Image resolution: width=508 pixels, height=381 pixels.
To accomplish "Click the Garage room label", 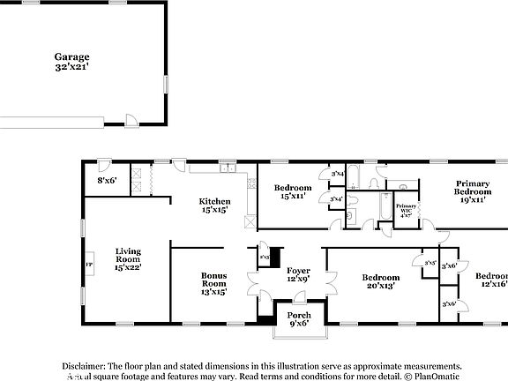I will click(x=71, y=62).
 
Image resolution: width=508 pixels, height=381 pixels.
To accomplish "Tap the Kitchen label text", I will click(x=214, y=206).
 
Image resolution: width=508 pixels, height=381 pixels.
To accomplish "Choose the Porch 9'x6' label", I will click(x=297, y=317).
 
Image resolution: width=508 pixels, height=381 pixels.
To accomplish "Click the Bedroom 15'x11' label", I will click(x=292, y=192).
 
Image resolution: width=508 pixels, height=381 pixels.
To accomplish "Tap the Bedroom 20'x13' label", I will click(x=381, y=281).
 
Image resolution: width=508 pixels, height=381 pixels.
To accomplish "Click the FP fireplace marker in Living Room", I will click(x=88, y=265).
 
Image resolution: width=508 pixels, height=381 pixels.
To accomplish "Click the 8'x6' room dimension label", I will click(x=107, y=180).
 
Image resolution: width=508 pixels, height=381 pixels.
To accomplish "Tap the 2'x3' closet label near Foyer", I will click(x=265, y=258).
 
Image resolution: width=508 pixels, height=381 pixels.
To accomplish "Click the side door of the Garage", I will click(x=131, y=121).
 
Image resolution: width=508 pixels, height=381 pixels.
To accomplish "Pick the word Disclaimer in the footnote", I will click(x=83, y=365).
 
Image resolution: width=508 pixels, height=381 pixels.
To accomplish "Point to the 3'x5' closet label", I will click(x=430, y=263).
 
